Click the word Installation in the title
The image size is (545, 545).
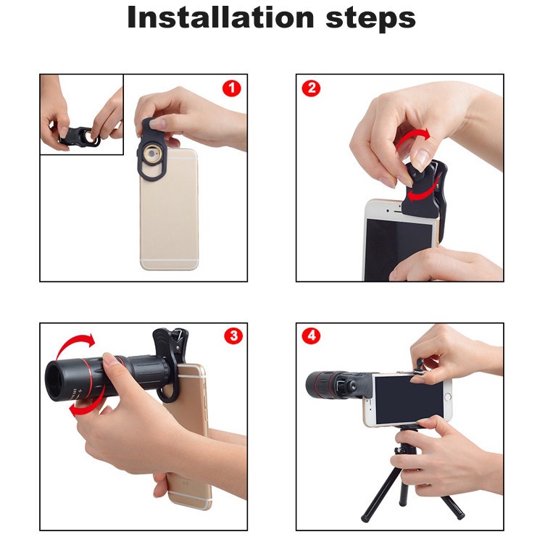(221, 17)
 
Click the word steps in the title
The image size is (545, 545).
(370, 19)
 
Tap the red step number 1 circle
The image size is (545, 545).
(232, 88)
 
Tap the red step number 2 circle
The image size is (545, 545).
(311, 88)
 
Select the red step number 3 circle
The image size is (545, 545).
(233, 336)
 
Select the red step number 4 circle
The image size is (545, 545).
(311, 336)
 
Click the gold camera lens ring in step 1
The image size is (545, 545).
(152, 154)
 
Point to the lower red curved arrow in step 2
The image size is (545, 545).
(423, 193)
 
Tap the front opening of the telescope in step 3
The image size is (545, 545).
(54, 381)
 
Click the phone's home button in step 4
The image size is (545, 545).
(448, 396)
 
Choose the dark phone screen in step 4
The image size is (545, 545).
(409, 400)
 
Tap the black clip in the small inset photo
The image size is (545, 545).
(79, 136)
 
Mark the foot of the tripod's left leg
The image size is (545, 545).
(365, 520)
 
